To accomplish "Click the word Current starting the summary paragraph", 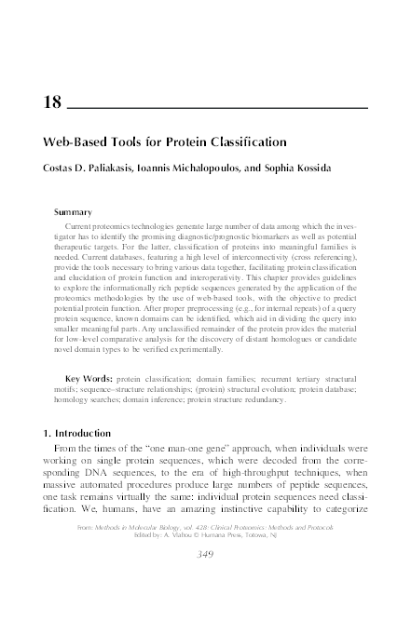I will [82, 227].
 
